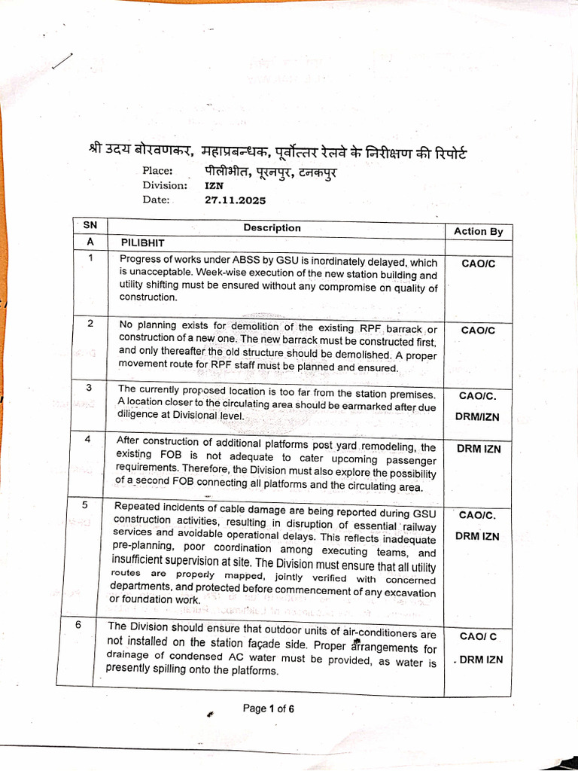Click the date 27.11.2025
tap(235, 200)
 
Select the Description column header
tap(272, 227)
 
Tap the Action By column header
tap(478, 231)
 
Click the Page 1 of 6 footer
tap(268, 708)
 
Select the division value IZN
tap(213, 185)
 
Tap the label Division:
tap(165, 185)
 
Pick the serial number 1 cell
tap(90, 258)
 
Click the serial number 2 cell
tap(90, 323)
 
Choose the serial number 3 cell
tap(89, 388)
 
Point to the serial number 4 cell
tap(88, 439)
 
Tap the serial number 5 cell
tap(85, 504)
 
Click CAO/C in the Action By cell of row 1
tap(478, 264)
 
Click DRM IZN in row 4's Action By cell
tap(478, 449)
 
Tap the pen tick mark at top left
tap(63, 62)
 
